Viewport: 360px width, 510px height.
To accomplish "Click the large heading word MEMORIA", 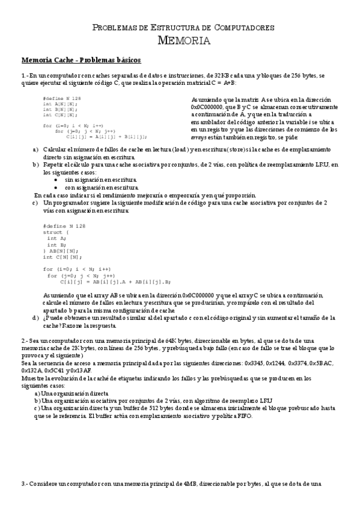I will click(x=183, y=41).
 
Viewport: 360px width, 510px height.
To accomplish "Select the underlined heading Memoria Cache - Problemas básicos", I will click(x=81, y=60).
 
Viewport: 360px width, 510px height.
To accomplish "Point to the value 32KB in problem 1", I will click(x=216, y=75).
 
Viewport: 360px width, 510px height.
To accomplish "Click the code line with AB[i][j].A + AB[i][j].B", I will click(x=115, y=281).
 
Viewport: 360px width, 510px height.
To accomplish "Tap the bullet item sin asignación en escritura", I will click(x=100, y=179).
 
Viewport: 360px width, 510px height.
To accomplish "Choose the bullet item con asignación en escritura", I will click(x=100, y=187).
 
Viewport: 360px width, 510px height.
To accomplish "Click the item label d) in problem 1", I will click(x=35, y=317).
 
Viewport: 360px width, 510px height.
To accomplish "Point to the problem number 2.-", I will click(x=25, y=340).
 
